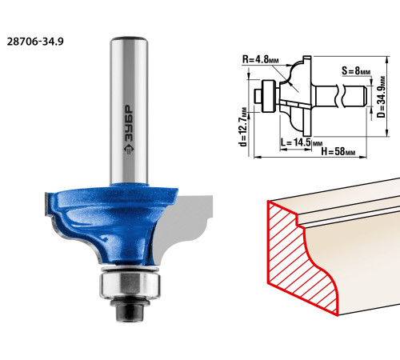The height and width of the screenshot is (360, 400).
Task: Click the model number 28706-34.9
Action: [x=35, y=42]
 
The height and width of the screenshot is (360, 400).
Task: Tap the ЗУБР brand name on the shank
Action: [x=130, y=123]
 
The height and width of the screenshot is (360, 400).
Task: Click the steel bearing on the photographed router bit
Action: [x=130, y=283]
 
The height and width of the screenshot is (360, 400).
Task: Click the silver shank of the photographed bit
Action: [x=129, y=110]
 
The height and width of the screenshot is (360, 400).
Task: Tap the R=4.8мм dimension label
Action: [x=260, y=59]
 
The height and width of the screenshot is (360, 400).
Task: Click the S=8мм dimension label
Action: [x=356, y=71]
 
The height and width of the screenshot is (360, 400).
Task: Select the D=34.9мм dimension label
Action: [x=381, y=97]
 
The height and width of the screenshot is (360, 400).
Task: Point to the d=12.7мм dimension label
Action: [x=243, y=127]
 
